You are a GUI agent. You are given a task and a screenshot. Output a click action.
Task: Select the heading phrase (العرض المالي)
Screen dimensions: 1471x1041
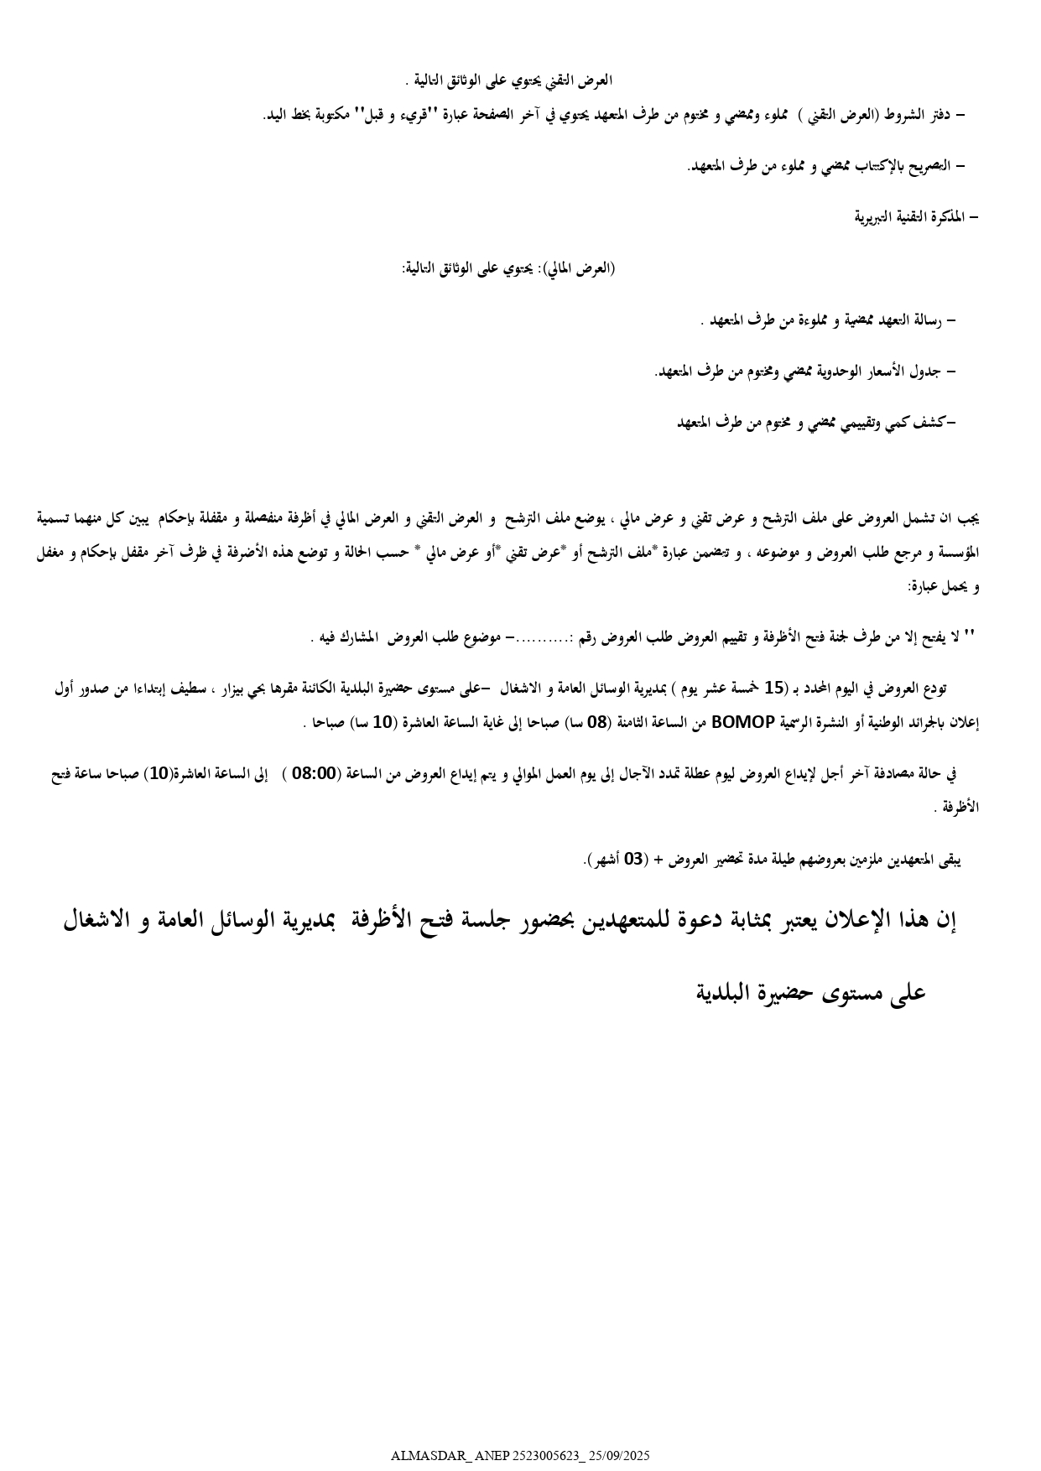[581, 268]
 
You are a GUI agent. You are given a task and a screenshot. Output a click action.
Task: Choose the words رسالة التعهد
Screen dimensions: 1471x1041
[907, 320]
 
